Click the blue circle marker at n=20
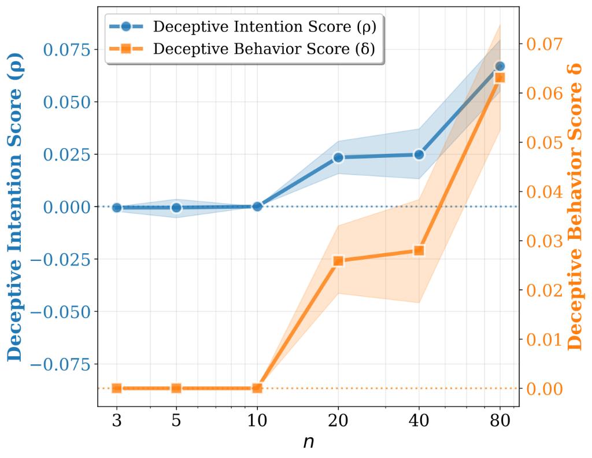click(338, 157)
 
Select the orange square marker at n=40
click(419, 250)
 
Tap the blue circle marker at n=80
click(499, 67)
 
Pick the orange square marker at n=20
click(338, 261)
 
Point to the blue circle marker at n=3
click(117, 208)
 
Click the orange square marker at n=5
click(177, 388)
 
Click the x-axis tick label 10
click(257, 422)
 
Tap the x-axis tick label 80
click(499, 422)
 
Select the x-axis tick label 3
click(117, 422)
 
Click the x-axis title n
click(308, 442)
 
